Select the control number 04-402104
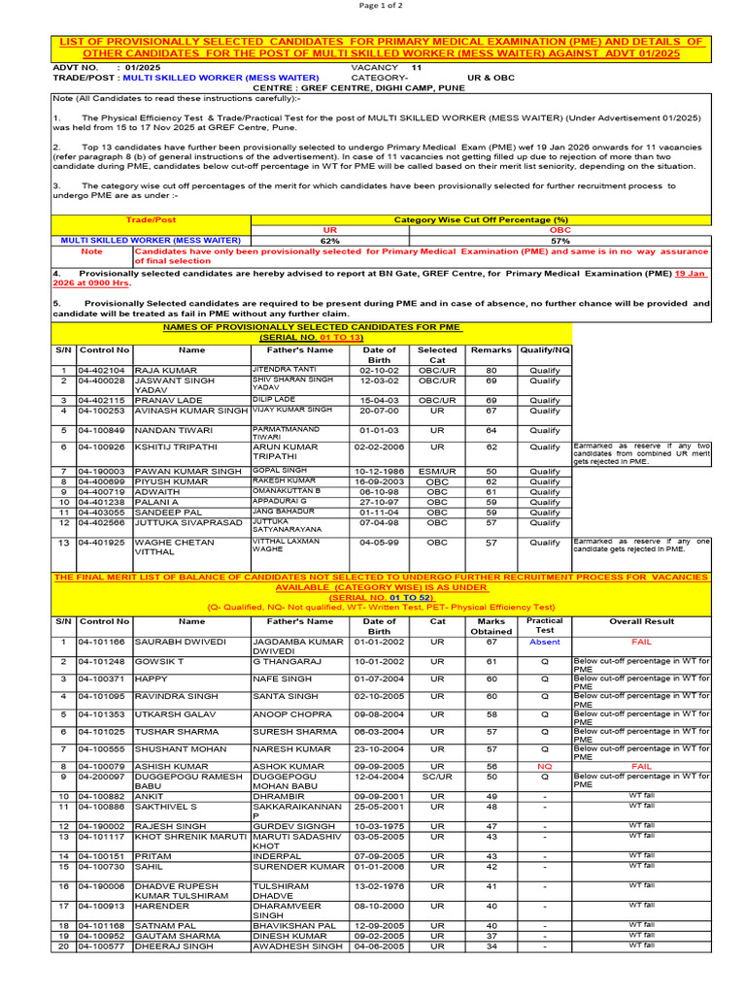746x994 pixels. (x=103, y=370)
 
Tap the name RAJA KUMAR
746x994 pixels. (x=160, y=370)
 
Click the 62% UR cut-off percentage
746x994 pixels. (x=329, y=240)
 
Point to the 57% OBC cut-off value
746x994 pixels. (x=559, y=240)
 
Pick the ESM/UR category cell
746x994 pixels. (x=437, y=470)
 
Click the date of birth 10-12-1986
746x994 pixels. (x=379, y=470)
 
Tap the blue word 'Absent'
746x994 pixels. (x=544, y=642)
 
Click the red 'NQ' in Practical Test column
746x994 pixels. (x=544, y=765)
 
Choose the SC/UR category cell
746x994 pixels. (x=437, y=777)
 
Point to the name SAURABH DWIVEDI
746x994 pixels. (x=180, y=642)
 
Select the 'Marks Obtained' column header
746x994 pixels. (x=491, y=626)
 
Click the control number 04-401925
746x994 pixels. (x=103, y=543)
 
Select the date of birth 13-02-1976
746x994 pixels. (x=379, y=886)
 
